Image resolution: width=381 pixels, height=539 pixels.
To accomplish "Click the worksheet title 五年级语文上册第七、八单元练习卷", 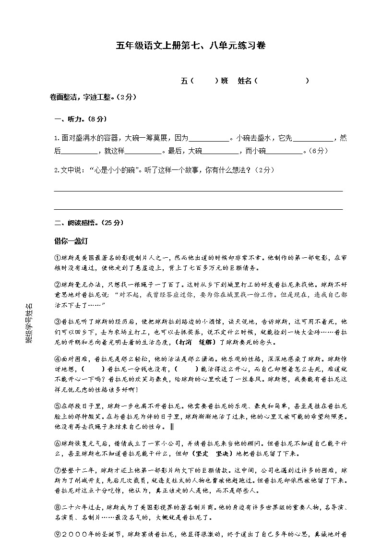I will pyautogui.click(x=190, y=46).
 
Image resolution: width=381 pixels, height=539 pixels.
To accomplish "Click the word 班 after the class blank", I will pyautogui.click(x=224, y=81).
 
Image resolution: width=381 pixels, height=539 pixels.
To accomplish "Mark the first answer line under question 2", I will pyautogui.click(x=198, y=191).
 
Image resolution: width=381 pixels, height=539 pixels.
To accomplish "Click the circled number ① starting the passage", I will pyautogui.click(x=57, y=258).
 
